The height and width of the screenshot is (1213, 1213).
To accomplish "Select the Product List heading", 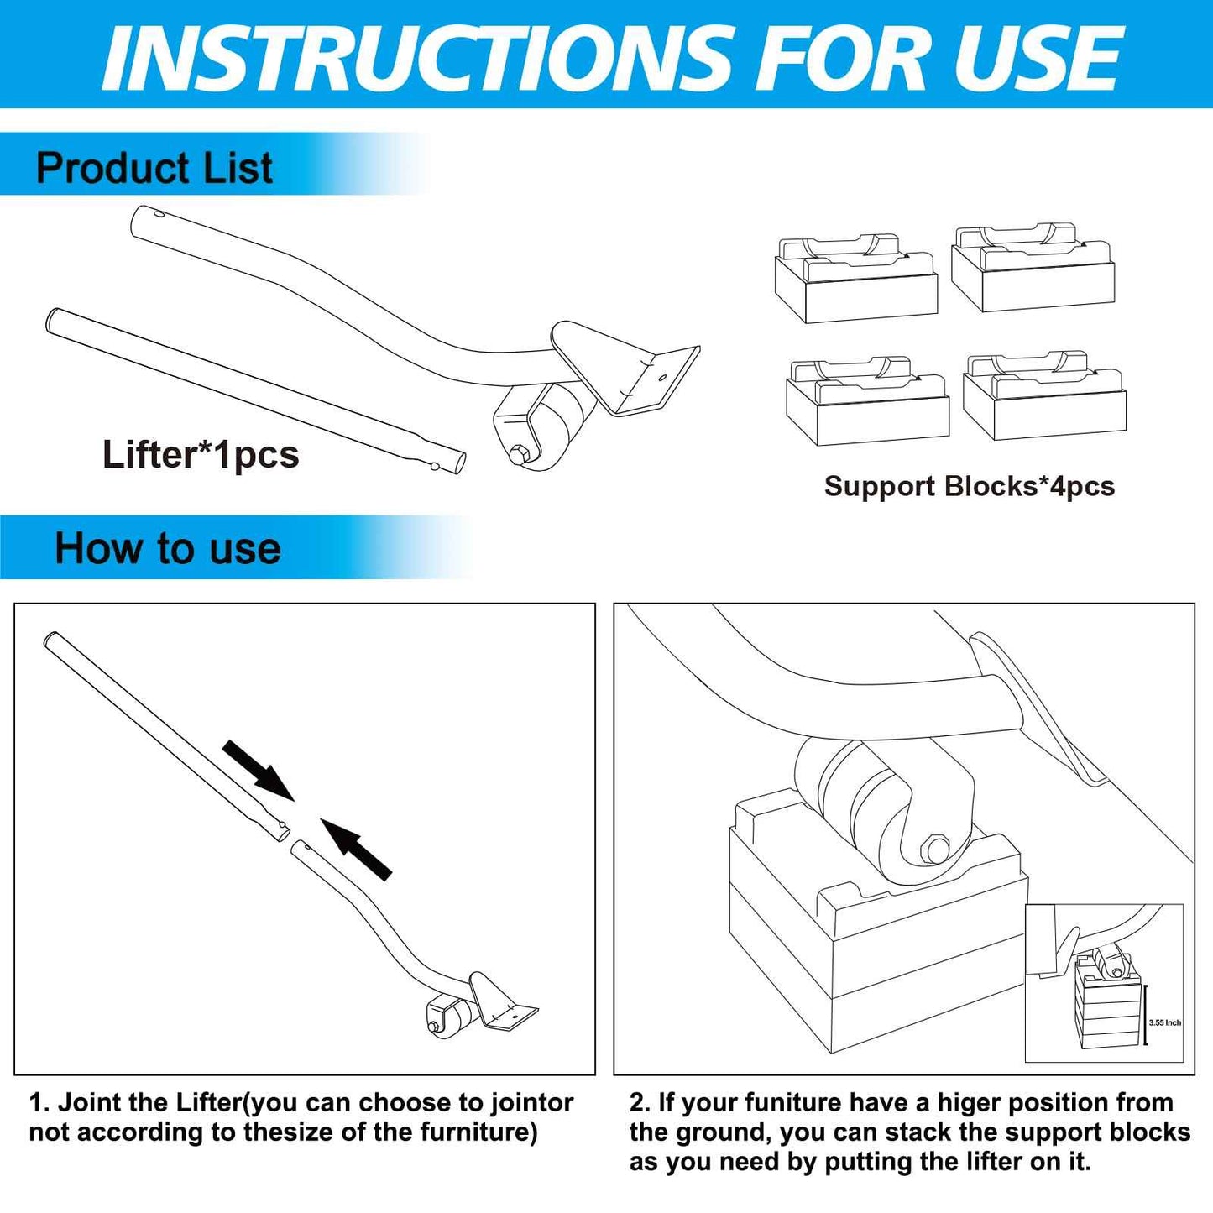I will [x=154, y=168].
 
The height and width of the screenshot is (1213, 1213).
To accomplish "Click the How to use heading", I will [x=168, y=549].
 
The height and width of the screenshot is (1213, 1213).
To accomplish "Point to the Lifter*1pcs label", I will [x=201, y=455].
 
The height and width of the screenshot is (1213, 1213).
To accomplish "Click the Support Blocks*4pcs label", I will [x=969, y=486].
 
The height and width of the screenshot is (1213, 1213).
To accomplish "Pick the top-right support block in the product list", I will [x=1033, y=268].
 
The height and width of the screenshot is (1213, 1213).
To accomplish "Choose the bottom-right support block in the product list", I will [x=1044, y=395].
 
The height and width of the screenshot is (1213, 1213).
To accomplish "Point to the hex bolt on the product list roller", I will [x=516, y=455].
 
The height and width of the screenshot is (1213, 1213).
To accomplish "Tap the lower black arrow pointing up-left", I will [x=357, y=850].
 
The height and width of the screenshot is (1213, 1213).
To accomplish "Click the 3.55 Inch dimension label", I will [x=1164, y=1022].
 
